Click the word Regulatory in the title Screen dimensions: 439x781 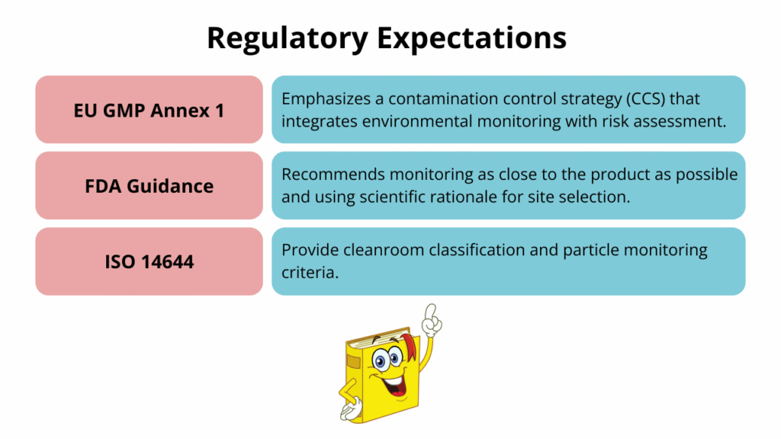283,37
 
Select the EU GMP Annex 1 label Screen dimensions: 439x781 149,110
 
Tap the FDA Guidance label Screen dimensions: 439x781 149,185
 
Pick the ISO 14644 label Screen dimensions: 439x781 149,261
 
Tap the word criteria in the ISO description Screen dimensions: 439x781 309,272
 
